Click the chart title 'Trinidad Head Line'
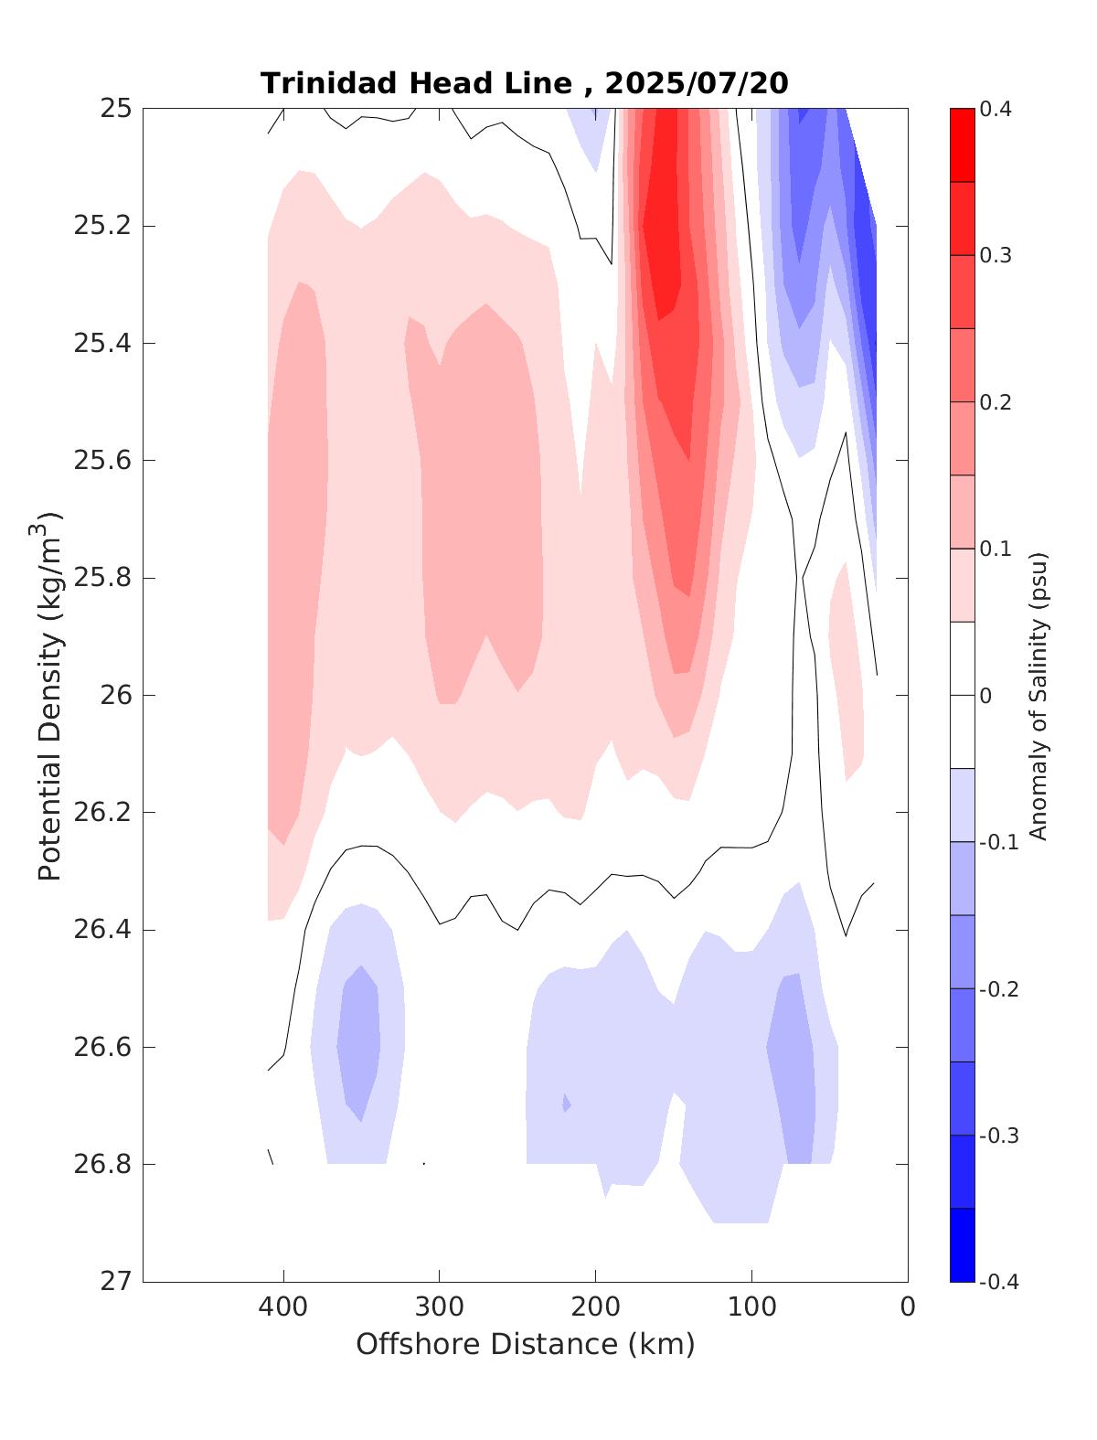click(416, 84)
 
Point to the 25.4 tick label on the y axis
click(101, 344)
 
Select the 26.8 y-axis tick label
click(101, 1164)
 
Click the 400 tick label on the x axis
click(283, 1307)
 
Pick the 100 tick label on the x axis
click(751, 1307)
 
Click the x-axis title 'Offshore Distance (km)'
click(525, 1345)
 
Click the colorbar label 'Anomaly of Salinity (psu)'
click(1037, 695)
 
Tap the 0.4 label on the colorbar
click(996, 110)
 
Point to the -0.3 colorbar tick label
click(998, 1136)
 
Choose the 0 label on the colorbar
click(985, 696)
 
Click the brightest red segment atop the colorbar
click(962, 144)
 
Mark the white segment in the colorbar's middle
click(962, 695)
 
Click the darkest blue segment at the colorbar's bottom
click(962, 1245)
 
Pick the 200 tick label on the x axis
click(595, 1307)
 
